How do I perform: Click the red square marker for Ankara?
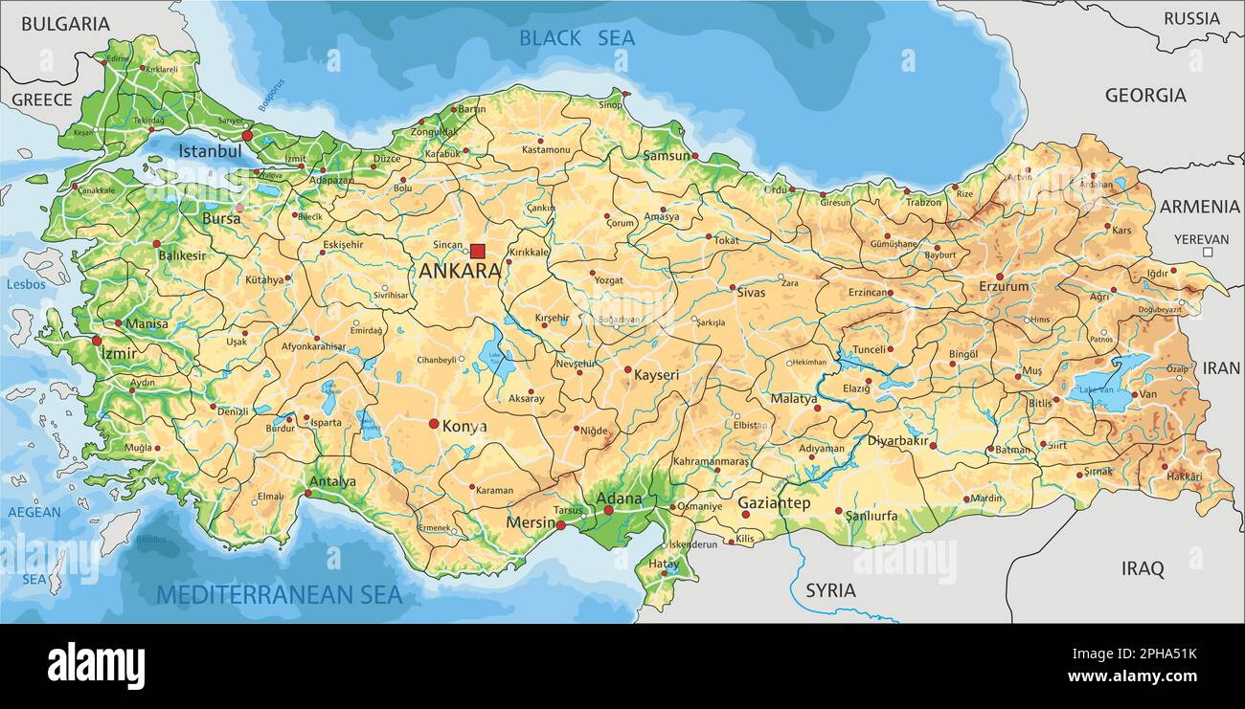pyautogui.click(x=477, y=251)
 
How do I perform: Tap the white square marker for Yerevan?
pyautogui.click(x=1208, y=253)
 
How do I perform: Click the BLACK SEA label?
pyautogui.click(x=577, y=38)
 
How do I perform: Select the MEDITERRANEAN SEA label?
pyautogui.click(x=279, y=595)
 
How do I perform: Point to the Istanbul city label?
pyautogui.click(x=210, y=151)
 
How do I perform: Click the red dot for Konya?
pyautogui.click(x=434, y=423)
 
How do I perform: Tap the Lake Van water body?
pyautogui.click(x=1111, y=386)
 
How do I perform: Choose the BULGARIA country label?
pyautogui.click(x=65, y=24)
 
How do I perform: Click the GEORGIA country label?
pyautogui.click(x=1144, y=96)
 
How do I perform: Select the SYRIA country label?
pyautogui.click(x=830, y=590)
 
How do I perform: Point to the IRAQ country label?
pyautogui.click(x=1143, y=569)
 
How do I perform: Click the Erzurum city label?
pyautogui.click(x=1004, y=286)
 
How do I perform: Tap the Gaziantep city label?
pyautogui.click(x=774, y=502)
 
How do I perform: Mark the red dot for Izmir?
pyautogui.click(x=97, y=341)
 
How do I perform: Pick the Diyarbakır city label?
pyautogui.click(x=898, y=441)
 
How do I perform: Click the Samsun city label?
pyautogui.click(x=667, y=155)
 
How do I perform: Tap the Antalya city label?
pyautogui.click(x=332, y=482)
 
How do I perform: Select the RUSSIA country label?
pyautogui.click(x=1191, y=18)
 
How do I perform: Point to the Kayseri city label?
pyautogui.click(x=656, y=375)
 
